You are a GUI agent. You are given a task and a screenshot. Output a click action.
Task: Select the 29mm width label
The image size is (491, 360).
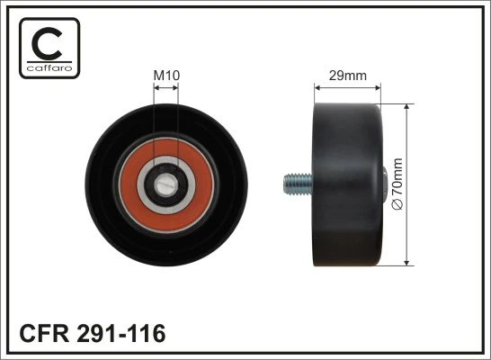tap(347, 76)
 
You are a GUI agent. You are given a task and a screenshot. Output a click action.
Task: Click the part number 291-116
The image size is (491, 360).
tap(121, 334)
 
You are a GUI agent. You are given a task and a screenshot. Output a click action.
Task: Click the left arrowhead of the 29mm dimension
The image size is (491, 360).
tap(317, 88)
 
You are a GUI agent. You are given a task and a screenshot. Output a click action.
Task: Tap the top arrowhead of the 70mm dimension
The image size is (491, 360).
tap(408, 107)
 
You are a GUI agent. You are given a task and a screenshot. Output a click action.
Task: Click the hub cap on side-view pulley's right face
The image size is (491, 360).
tap(384, 184)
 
